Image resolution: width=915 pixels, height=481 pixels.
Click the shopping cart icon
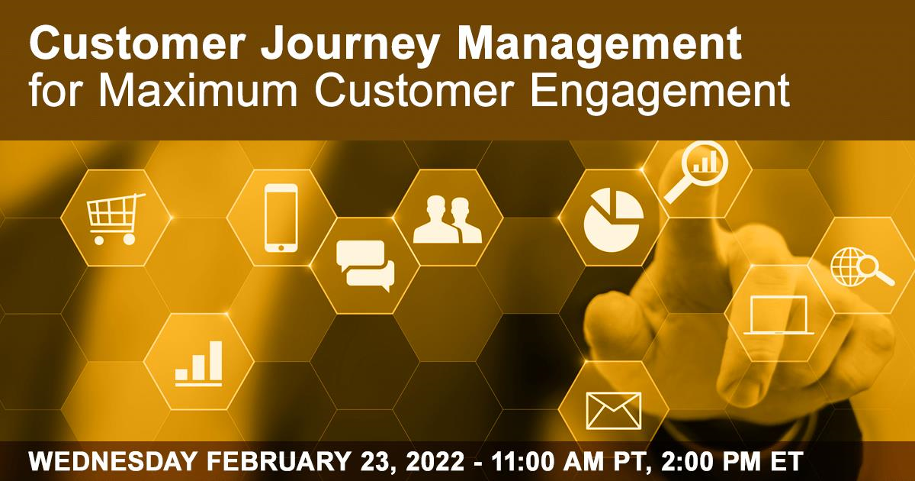point(115,219)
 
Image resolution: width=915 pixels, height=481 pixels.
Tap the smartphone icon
point(281,218)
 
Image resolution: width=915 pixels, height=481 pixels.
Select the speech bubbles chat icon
point(365,266)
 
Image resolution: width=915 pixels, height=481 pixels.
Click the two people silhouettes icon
point(448,220)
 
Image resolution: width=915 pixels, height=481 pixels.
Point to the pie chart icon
point(614,220)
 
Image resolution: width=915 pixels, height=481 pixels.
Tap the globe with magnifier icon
point(862,267)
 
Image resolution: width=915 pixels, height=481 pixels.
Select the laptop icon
point(779,315)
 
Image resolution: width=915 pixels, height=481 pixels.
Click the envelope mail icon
point(614,411)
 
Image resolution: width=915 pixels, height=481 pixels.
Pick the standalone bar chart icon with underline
point(199,363)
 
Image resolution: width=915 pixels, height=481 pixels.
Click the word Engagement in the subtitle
point(660,93)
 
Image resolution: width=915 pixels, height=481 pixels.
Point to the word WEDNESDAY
point(113,461)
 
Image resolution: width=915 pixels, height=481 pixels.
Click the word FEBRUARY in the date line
point(278,461)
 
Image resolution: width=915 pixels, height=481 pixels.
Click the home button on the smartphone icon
point(281,247)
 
